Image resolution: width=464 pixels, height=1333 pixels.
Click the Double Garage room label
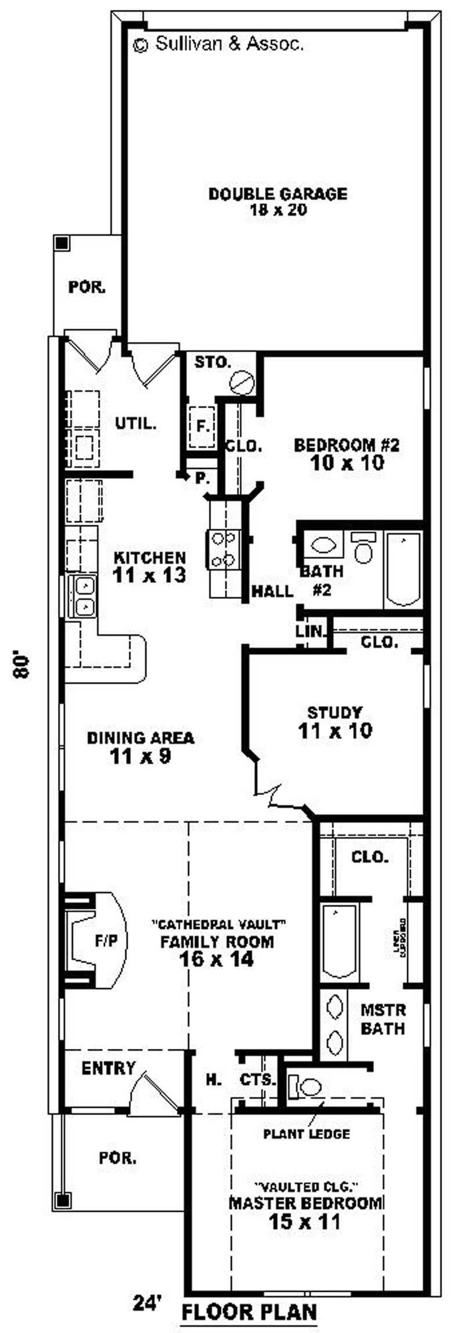tap(277, 194)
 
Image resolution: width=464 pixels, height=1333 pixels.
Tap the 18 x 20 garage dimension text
tap(278, 210)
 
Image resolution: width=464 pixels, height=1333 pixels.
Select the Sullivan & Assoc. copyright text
tap(219, 44)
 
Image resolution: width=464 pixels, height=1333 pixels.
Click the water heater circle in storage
tap(241, 383)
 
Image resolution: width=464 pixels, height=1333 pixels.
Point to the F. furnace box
tap(202, 427)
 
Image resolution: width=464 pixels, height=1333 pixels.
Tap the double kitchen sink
tap(83, 597)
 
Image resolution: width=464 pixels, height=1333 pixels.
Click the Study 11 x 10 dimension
tap(335, 731)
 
